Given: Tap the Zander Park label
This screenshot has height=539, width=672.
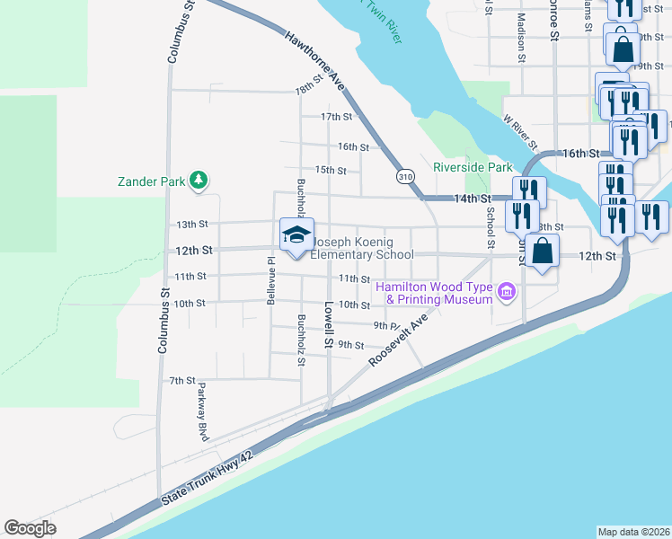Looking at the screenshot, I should click(x=151, y=181).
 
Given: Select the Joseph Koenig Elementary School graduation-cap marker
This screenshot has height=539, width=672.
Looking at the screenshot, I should click(x=296, y=235).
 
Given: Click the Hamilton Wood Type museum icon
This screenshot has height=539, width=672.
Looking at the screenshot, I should click(x=506, y=292).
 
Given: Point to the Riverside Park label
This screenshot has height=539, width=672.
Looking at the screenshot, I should click(x=473, y=167).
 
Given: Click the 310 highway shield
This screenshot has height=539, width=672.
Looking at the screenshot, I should click(x=407, y=176).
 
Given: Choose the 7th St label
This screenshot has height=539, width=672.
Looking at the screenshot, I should click(x=182, y=381).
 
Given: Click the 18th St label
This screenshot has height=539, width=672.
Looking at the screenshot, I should click(x=308, y=90).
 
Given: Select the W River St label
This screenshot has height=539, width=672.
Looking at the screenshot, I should click(x=520, y=131).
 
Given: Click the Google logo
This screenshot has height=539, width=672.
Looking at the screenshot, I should click(x=31, y=528).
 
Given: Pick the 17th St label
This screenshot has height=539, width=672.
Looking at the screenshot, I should click(x=336, y=117).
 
